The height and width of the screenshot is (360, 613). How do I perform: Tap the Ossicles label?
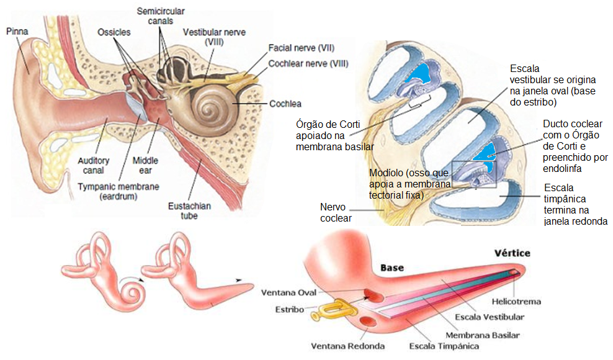coord(114,32)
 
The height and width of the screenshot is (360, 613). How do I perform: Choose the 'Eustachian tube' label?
coord(186,211)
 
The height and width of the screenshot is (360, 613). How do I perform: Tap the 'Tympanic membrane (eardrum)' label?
coord(119,191)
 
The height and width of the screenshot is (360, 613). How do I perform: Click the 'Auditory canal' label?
coord(94,165)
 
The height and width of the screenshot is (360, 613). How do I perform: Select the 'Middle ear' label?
coord(146,165)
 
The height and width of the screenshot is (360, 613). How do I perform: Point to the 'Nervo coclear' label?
coord(336,212)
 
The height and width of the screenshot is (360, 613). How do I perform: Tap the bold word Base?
coord(392,268)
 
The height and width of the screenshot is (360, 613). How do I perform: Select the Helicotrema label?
coord(516,302)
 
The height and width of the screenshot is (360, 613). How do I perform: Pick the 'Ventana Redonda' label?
coord(348,346)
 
